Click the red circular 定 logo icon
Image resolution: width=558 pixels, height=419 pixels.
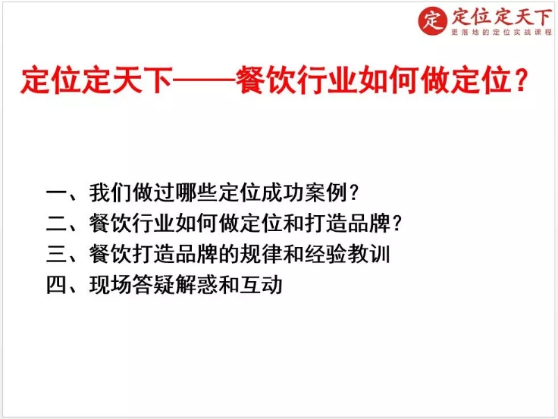[432, 20]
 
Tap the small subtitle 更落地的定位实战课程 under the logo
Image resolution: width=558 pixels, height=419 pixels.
[497, 33]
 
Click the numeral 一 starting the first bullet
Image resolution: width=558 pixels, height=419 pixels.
[56, 193]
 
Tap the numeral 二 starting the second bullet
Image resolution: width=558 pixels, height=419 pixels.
[56, 224]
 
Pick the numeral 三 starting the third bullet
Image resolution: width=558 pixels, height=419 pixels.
[56, 254]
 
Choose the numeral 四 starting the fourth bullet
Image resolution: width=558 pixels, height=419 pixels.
[56, 285]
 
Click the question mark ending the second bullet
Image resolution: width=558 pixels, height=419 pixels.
[397, 224]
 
